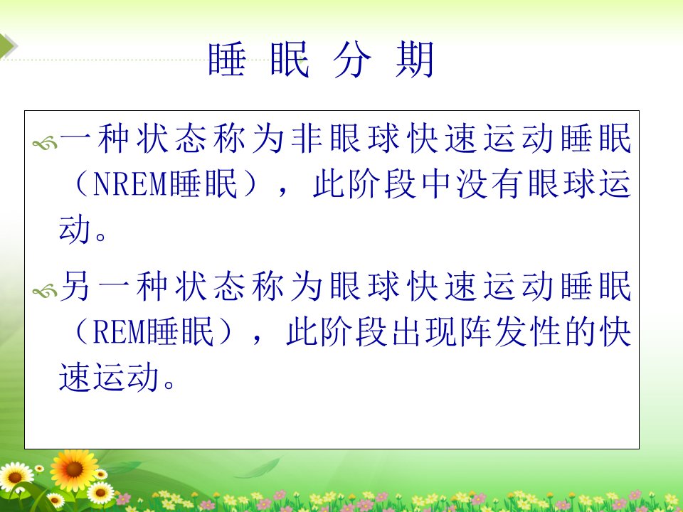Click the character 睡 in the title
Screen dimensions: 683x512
pyautogui.click(x=227, y=59)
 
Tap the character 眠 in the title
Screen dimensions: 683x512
pyautogui.click(x=290, y=59)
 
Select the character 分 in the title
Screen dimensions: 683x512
pyautogui.click(x=352, y=59)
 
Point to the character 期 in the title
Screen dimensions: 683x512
pyautogui.click(x=415, y=59)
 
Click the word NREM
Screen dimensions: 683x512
pyautogui.click(x=130, y=183)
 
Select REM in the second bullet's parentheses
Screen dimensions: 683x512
pyautogui.click(x=119, y=332)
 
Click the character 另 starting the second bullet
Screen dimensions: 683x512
pyautogui.click(x=75, y=286)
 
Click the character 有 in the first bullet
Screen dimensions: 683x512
pyautogui.click(x=507, y=183)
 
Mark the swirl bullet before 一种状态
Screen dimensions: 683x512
pyautogui.click(x=45, y=143)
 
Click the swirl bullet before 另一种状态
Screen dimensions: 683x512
pyautogui.click(x=45, y=290)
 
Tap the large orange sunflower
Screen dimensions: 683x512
pyautogui.click(x=73, y=469)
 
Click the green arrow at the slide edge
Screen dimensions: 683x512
pyautogui.click(x=7, y=46)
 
